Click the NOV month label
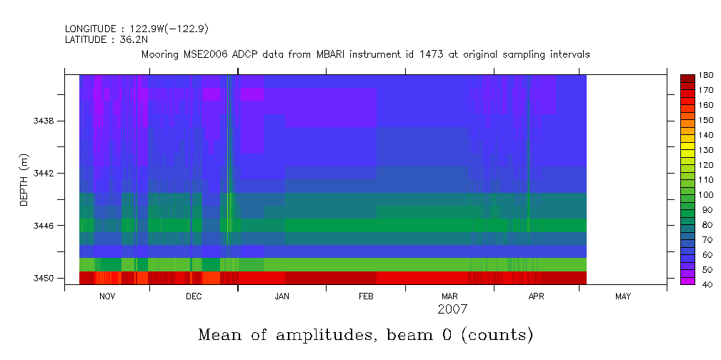coord(107,296)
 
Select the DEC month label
coord(194,296)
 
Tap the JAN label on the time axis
coord(282,296)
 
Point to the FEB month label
coord(366,296)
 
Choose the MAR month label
coord(449,296)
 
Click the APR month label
coord(536,296)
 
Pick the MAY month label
coord(623,296)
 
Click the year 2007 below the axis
coord(452,309)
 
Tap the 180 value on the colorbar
coord(707,75)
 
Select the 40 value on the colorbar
coord(705,284)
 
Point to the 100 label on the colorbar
coord(707,194)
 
